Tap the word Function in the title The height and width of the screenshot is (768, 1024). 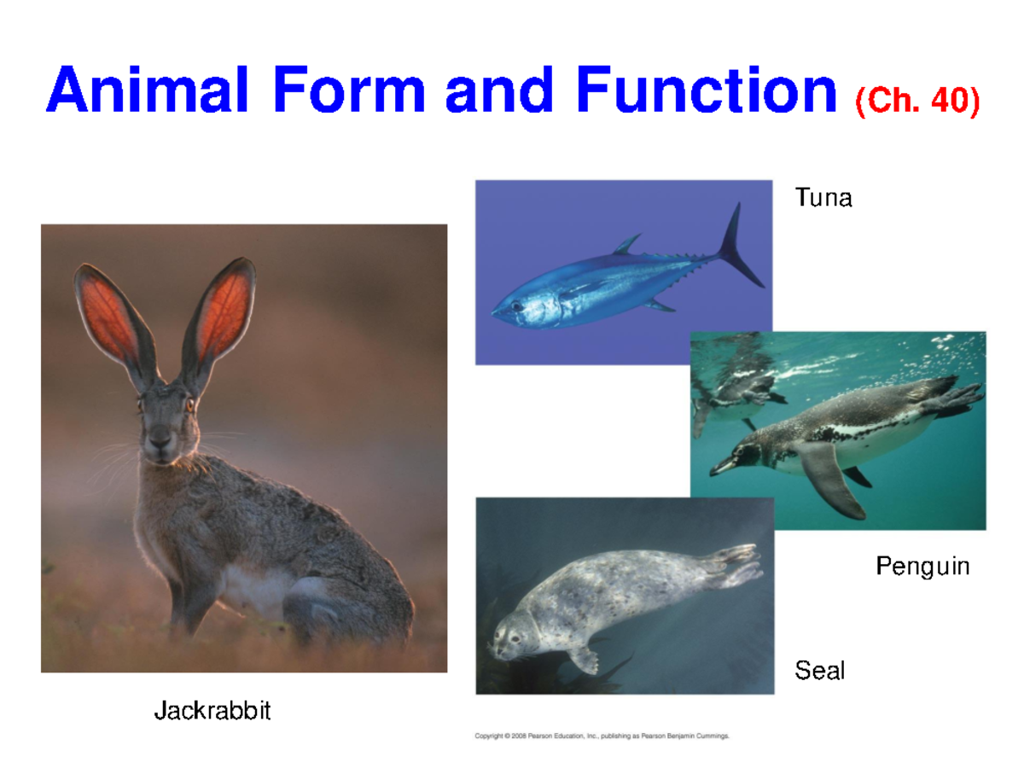coord(707,92)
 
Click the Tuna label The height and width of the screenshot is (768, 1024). coord(823,199)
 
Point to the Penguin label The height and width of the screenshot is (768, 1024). coord(922,567)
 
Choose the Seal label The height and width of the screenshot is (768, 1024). coord(819,671)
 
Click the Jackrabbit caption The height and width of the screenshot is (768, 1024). coord(212,710)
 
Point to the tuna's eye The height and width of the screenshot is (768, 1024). coord(516,306)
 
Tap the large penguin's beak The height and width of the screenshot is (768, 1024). coord(722,465)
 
